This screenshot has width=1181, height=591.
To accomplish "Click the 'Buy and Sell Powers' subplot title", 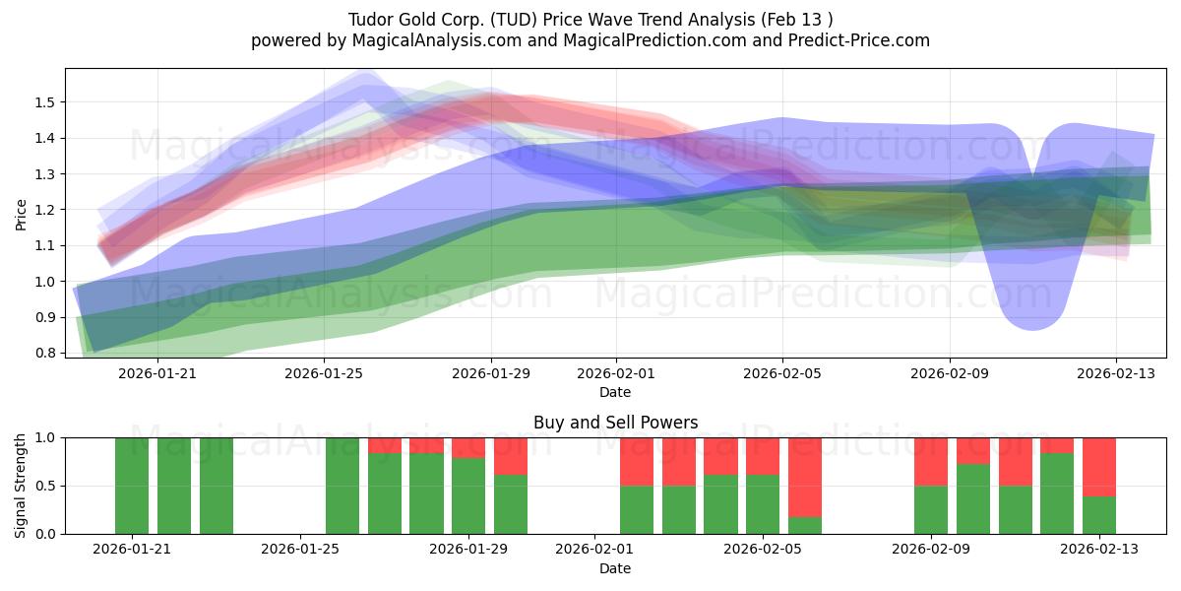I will click(615, 423).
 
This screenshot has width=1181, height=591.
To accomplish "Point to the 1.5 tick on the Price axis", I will click(45, 102).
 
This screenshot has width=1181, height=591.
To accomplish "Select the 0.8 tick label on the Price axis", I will click(45, 353).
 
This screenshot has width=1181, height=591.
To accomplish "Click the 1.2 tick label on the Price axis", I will click(45, 210).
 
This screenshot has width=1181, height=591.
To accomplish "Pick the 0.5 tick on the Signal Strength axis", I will click(45, 486).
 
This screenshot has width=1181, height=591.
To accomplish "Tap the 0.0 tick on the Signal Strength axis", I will click(45, 534).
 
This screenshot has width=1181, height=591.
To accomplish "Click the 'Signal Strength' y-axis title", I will click(21, 486).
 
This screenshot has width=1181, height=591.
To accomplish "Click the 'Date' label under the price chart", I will click(615, 392).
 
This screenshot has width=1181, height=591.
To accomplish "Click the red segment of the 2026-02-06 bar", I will click(805, 477).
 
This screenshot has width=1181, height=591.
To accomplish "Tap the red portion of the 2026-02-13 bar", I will click(1098, 466).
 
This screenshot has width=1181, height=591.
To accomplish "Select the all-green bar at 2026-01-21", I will click(132, 486).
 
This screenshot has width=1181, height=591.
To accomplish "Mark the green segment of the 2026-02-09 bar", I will click(931, 510).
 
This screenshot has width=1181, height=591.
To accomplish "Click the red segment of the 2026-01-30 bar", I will click(511, 455).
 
